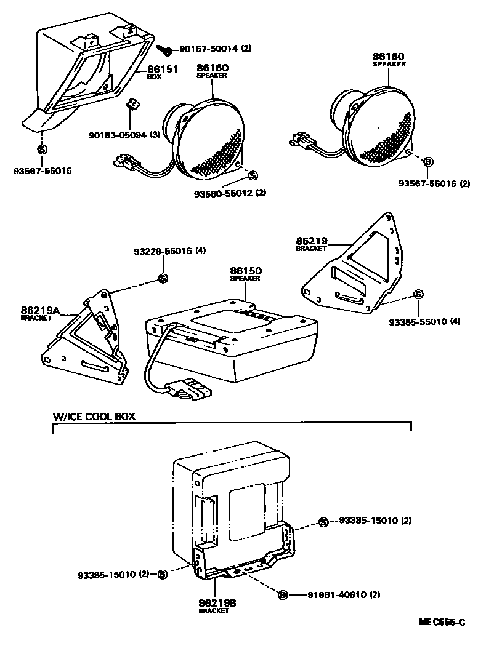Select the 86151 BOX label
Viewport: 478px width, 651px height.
pyautogui.click(x=162, y=72)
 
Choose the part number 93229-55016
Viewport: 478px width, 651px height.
pyautogui.click(x=162, y=251)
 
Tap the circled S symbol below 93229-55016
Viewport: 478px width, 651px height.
pyautogui.click(x=163, y=278)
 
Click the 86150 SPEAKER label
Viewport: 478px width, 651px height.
pyautogui.click(x=246, y=273)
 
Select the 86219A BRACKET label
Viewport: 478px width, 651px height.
pyautogui.click(x=39, y=314)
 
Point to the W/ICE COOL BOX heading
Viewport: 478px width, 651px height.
pyautogui.click(x=94, y=417)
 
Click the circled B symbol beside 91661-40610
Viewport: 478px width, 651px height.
pyautogui.click(x=283, y=594)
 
